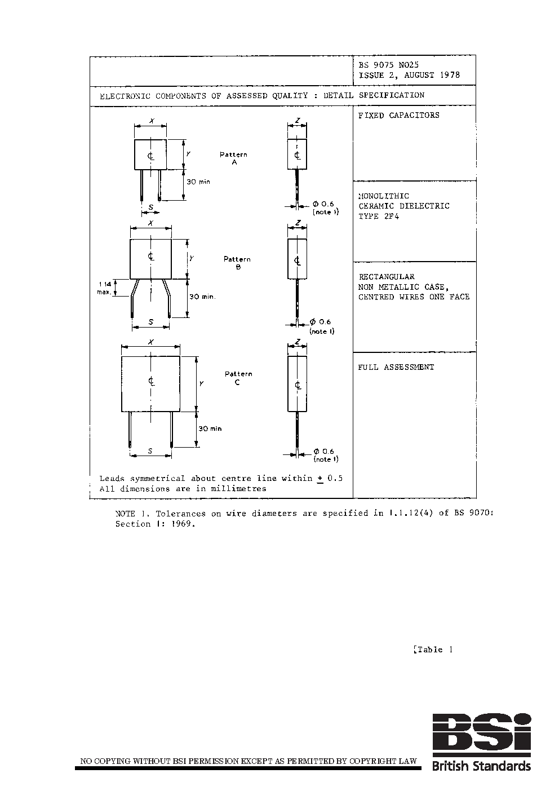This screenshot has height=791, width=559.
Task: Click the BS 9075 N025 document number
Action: (389, 65)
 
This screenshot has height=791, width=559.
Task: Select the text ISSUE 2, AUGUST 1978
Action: (409, 75)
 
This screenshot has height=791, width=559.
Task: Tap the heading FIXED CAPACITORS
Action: (398, 115)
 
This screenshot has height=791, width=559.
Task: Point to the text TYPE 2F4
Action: (379, 216)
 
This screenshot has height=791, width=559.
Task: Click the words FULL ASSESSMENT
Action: (396, 367)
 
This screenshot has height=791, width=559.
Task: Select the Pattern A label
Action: (233, 158)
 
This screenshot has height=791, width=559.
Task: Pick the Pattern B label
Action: (237, 263)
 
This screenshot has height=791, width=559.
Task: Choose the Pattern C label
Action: (238, 378)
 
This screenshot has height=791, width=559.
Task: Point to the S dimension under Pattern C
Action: (150, 450)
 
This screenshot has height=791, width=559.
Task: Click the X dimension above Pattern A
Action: (150, 121)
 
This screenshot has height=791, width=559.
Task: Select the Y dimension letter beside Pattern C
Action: (201, 383)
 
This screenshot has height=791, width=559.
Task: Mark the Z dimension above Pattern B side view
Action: (297, 223)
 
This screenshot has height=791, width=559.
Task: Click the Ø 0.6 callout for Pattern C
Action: (324, 452)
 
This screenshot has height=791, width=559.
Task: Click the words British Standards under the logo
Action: (481, 766)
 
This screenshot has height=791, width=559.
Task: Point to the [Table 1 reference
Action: (433, 649)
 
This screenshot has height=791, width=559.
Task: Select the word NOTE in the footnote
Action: (125, 514)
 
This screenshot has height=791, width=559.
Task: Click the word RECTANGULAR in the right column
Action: (387, 277)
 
